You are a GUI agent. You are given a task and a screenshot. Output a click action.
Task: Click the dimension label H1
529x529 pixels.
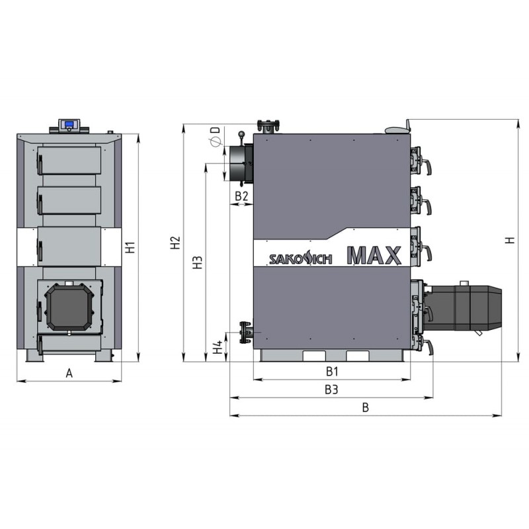tap(130, 247)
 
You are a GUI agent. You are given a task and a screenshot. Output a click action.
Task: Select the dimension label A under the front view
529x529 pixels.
tap(69, 373)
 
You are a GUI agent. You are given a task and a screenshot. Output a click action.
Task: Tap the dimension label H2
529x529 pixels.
tap(175, 243)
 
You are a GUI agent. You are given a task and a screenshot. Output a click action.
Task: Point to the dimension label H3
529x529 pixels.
tap(198, 262)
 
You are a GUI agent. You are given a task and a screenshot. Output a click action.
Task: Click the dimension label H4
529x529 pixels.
tap(218, 347)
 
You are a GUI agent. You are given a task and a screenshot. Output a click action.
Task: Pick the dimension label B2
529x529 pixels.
tap(241, 196)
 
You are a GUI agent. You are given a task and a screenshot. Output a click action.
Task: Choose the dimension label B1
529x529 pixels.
tap(333, 372)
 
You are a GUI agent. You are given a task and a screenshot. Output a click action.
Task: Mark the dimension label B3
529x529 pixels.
tap(331, 389)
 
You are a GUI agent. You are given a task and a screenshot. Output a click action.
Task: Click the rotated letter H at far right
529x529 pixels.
tap(510, 240)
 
